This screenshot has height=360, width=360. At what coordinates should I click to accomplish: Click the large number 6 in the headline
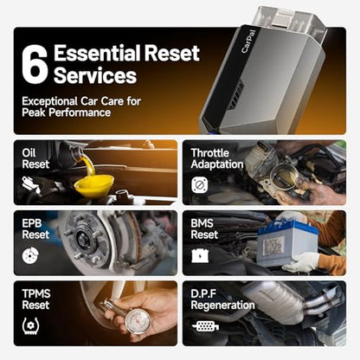35,64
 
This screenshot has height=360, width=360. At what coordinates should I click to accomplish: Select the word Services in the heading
95,75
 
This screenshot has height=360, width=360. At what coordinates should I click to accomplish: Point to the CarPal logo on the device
248,41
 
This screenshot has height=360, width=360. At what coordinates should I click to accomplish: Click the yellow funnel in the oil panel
94,186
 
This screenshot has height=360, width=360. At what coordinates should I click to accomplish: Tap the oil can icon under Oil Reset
32,184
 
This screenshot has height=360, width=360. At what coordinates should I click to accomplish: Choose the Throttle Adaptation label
217,158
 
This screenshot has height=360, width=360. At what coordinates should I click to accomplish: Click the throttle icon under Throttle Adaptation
199,185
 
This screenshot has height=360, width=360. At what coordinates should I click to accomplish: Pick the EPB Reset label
35,228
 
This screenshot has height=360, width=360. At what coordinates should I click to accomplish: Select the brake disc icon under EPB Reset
30,255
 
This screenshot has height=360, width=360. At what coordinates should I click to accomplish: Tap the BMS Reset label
204,228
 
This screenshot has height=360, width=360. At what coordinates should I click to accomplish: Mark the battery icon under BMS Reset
200,255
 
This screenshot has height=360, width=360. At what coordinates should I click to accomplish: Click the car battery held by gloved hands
286,242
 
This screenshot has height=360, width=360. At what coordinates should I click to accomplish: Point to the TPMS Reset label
36,299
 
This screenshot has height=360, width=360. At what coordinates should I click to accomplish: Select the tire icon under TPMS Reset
30,326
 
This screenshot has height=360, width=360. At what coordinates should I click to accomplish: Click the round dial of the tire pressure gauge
138,321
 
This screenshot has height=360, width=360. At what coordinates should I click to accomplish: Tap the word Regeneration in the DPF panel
222,305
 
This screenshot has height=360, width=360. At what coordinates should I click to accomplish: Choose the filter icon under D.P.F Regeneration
205,326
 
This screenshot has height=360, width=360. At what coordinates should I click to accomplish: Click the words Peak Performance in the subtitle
66,112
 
